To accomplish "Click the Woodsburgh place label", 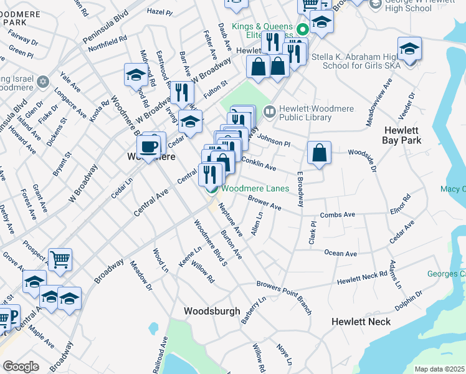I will click(212, 310).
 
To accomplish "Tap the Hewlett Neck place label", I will click(361, 322).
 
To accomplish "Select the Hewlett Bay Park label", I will click(402, 135).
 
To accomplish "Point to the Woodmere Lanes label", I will click(255, 188).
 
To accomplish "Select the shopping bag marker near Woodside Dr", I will click(319, 153).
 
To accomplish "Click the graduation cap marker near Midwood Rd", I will click(136, 75).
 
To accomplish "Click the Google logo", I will click(21, 367).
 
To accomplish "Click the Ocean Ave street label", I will click(340, 253).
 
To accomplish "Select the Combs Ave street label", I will click(337, 215).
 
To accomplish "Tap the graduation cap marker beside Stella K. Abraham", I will click(409, 49).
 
